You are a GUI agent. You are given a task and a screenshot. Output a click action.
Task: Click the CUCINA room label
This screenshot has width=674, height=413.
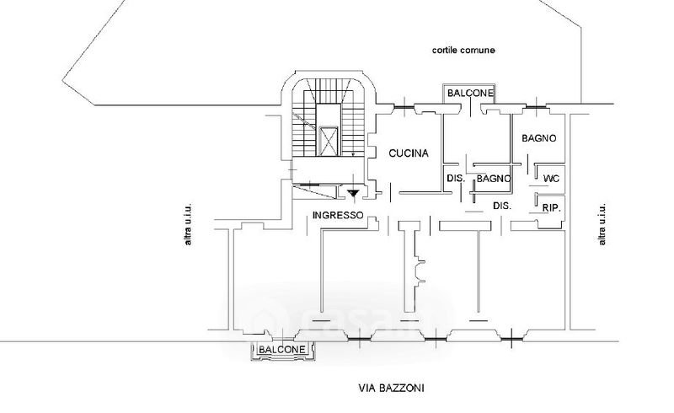point(409,153)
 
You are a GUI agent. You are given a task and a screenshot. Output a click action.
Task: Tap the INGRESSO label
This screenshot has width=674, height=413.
point(337,215)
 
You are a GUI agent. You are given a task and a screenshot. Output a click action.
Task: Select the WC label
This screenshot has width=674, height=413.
point(551,179)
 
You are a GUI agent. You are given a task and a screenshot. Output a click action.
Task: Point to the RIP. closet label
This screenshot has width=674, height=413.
point(553,207)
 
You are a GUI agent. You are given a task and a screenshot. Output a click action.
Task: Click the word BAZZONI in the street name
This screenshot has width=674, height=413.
point(403,389)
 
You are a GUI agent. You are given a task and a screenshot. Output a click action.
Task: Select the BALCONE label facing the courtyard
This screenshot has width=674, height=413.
point(470,92)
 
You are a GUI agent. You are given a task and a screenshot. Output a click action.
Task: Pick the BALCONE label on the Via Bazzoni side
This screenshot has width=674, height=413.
point(281,349)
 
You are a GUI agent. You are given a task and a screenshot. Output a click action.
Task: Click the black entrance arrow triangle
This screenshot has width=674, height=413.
point(354,194)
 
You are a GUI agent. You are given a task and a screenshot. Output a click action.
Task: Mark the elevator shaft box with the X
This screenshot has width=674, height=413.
point(329,140)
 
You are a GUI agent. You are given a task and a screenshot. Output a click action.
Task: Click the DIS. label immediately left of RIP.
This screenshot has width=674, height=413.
point(503,206)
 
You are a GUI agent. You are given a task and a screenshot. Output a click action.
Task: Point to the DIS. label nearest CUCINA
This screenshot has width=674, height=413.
point(456,178)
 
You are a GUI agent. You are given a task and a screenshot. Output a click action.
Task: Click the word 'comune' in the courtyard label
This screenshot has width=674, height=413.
point(478,51)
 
